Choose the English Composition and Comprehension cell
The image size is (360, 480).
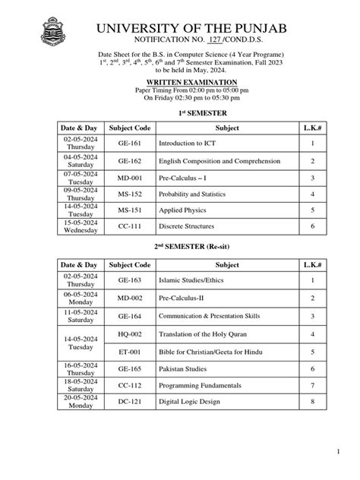click(213, 161)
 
